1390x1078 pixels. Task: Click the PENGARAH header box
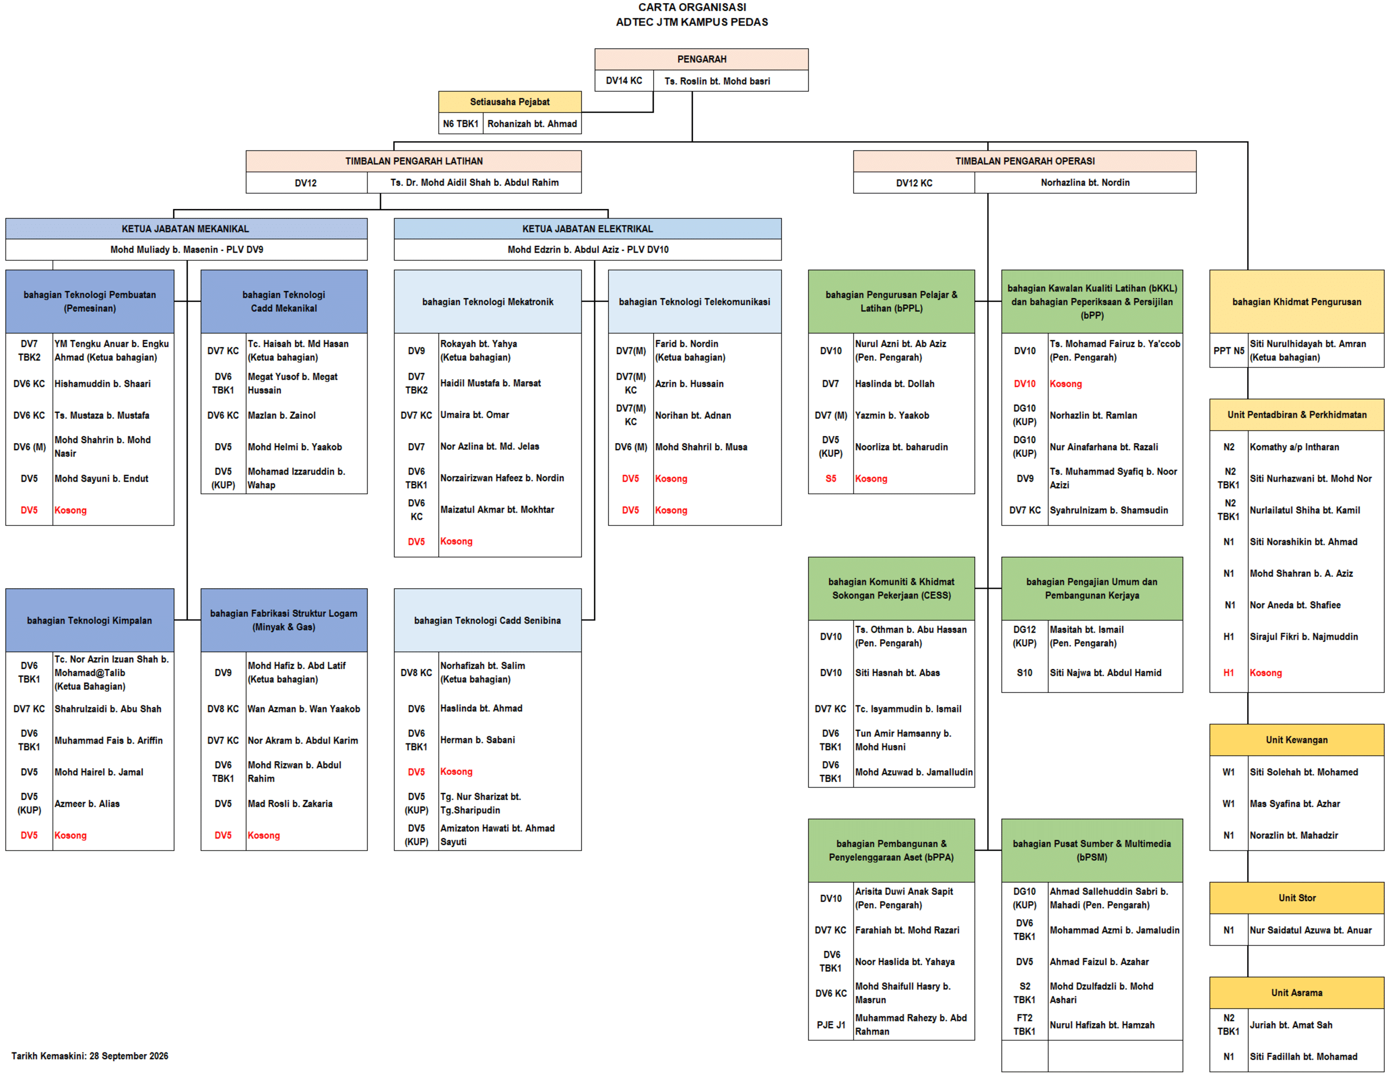tap(702, 59)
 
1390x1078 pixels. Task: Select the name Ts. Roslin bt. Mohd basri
tap(717, 81)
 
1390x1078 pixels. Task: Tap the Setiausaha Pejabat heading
tap(510, 102)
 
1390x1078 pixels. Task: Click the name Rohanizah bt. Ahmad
tap(532, 123)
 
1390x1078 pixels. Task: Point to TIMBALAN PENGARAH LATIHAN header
tap(414, 161)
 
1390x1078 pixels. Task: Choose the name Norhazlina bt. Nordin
tap(1085, 183)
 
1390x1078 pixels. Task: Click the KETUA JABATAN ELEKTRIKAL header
tap(587, 229)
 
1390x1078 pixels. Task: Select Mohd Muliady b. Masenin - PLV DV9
tap(186, 250)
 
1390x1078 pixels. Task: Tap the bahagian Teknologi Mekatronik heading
tap(488, 302)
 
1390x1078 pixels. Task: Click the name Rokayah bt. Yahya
tap(478, 344)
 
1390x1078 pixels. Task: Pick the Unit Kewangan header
tap(1297, 740)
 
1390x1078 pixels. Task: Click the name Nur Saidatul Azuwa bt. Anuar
tap(1310, 930)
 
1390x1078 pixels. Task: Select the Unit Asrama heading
tap(1297, 993)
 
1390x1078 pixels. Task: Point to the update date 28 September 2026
tap(129, 1056)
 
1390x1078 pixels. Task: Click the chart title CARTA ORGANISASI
tap(692, 7)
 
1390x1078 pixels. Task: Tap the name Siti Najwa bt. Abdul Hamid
tap(1105, 672)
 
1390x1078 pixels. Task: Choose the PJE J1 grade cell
tap(831, 1025)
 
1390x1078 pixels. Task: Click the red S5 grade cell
tap(831, 479)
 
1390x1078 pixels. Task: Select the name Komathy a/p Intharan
tap(1294, 447)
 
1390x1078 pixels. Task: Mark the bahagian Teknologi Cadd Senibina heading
tap(488, 620)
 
